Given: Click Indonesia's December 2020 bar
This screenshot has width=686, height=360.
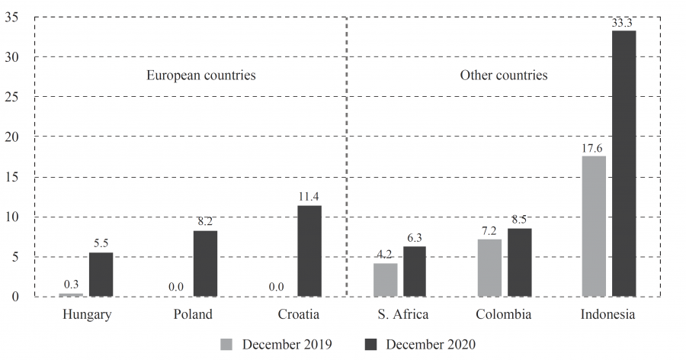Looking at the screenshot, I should coord(623,163).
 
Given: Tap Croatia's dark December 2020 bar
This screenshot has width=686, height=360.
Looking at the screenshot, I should coord(309,251).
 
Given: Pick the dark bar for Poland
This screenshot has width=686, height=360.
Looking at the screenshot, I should coord(205,263).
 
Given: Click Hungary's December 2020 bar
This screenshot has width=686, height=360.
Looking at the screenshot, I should coord(101,275).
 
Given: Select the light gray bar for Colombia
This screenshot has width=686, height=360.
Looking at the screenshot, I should coord(489,268).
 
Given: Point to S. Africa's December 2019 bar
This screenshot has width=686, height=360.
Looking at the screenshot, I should coord(385,279).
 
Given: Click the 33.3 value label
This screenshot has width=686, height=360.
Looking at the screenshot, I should coord(623,23).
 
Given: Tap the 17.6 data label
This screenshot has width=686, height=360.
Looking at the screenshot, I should coord(594,149).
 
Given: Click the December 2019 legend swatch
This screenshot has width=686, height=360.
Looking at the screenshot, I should coord(227,344).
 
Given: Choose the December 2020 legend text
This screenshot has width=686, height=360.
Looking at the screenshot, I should coord(430,344).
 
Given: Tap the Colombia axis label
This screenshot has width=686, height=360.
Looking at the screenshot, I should coord(504,314).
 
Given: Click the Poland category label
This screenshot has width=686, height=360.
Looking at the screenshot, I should coord(193,314).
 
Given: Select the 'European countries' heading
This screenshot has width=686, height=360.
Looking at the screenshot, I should coord(200,76).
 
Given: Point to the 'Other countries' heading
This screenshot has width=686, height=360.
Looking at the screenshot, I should coord(503,76).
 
